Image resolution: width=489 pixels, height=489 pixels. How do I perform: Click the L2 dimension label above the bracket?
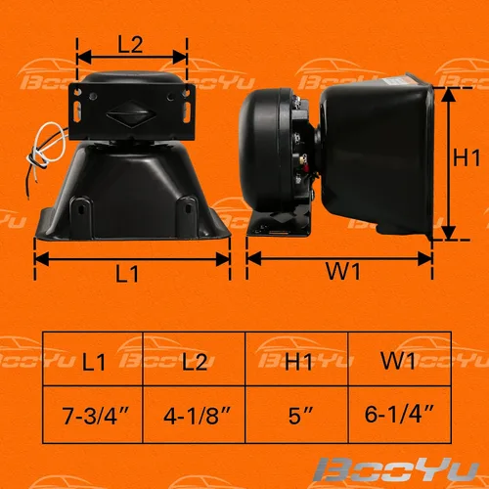[130, 45]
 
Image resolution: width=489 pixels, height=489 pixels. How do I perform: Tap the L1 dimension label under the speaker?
[127, 273]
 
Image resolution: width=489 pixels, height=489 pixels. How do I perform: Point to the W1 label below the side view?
[343, 271]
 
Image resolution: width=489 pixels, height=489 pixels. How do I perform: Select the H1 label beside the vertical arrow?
[467, 157]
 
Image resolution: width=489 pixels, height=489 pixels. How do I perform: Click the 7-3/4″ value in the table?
[96, 416]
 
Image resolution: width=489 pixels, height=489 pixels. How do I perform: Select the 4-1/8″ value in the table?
[197, 416]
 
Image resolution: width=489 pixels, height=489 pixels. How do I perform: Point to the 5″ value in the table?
[300, 416]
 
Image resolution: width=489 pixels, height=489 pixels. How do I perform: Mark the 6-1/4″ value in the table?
[399, 414]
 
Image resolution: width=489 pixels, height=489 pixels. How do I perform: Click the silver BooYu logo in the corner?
[395, 469]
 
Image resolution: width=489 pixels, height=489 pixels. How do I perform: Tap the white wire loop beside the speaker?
[47, 145]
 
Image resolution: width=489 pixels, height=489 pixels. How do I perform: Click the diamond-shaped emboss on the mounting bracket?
[131, 113]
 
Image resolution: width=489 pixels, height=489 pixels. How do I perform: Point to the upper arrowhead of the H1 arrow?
[450, 94]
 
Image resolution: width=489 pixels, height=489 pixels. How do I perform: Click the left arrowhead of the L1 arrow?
[41, 259]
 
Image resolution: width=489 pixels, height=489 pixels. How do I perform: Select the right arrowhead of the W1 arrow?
[425, 259]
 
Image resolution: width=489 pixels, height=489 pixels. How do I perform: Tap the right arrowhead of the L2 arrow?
[180, 57]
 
